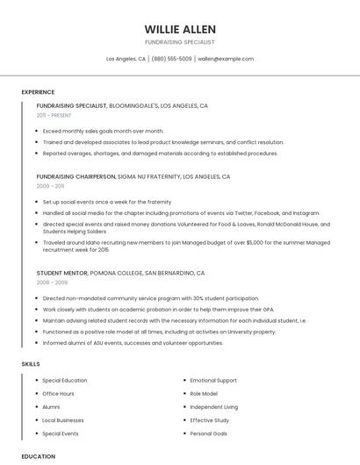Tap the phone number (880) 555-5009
[x=171, y=59]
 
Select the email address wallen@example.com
[x=226, y=59]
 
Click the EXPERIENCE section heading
[x=38, y=92]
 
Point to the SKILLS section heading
[x=31, y=363]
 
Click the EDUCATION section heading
[x=39, y=456]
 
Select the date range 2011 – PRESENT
[x=54, y=115]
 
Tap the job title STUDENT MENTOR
[x=62, y=273]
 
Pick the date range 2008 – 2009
[x=52, y=283]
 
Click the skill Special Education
[x=65, y=381]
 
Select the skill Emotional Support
[x=213, y=381]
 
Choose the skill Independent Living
[x=214, y=407]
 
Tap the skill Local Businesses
[x=64, y=420]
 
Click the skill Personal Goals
[x=209, y=433]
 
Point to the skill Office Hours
[x=59, y=394]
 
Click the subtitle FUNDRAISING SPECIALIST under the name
[x=179, y=42]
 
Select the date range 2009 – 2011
[x=50, y=186]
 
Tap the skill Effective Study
[x=210, y=420]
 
